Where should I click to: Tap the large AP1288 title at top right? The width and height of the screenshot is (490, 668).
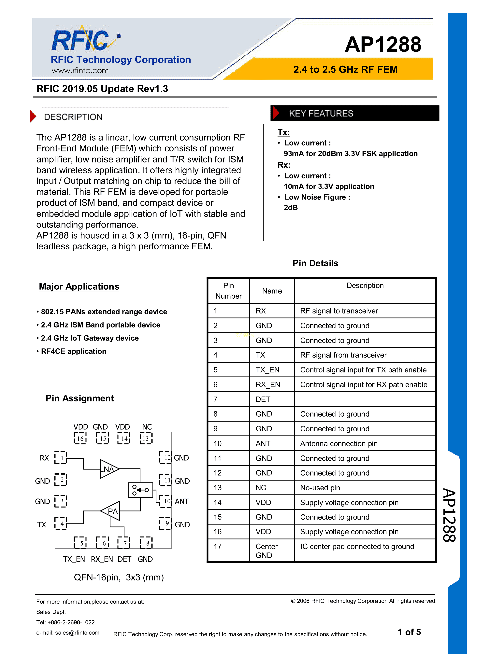click(x=383, y=45)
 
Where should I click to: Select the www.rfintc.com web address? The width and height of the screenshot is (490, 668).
click(x=80, y=71)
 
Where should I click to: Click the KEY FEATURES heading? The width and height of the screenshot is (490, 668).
click(x=321, y=114)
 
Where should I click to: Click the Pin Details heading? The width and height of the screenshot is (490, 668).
click(x=315, y=263)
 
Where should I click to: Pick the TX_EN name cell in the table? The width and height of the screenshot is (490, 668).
click(x=267, y=370)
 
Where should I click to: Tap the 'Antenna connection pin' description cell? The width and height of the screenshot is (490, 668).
click(x=339, y=444)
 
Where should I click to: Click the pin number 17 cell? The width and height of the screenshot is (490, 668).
click(x=218, y=546)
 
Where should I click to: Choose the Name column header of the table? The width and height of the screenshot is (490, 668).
click(x=272, y=291)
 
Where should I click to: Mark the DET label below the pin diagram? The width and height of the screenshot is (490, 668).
click(x=124, y=559)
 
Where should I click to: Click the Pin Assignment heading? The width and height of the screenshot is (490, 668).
click(x=79, y=398)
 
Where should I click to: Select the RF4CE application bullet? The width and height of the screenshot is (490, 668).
click(x=73, y=351)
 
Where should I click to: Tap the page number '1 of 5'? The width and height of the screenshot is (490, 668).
click(x=409, y=632)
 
